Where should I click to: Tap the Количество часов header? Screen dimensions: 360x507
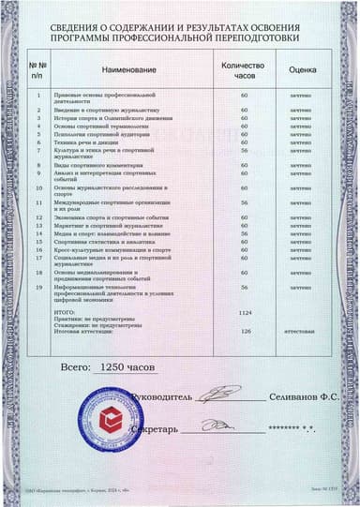click(244, 71)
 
